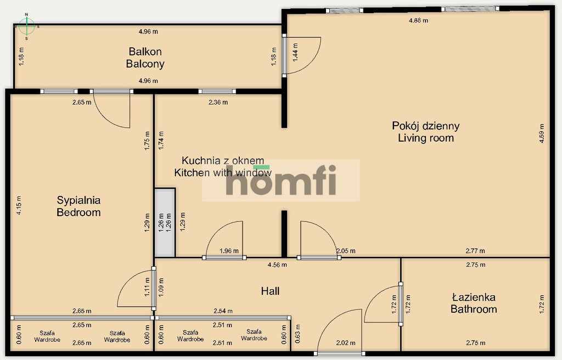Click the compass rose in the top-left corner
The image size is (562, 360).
click(26, 26)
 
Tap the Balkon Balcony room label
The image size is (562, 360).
click(145, 58)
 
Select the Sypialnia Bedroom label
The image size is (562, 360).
click(78, 206)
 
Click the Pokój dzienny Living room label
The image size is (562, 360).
click(426, 132)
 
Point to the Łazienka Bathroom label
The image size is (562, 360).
click(474, 303)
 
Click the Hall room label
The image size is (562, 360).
click(270, 291)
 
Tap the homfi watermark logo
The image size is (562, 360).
click(281, 180)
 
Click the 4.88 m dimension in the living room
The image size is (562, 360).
click(418, 20)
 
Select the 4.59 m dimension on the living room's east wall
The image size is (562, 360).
click(542, 133)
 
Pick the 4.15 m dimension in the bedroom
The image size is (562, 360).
click(19, 205)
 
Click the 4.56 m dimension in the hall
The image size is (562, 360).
click(277, 265)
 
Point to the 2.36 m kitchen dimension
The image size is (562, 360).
click(218, 103)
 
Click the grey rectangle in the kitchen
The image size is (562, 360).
click(165, 223)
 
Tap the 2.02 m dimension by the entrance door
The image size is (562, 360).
click(346, 343)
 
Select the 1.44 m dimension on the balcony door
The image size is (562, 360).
click(295, 52)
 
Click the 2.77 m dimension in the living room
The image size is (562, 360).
click(475, 251)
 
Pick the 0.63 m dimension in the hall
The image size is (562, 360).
click(297, 334)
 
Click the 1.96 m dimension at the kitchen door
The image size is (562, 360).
click(229, 251)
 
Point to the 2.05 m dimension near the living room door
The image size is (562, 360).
click(346, 251)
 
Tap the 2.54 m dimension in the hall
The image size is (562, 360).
click(223, 311)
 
